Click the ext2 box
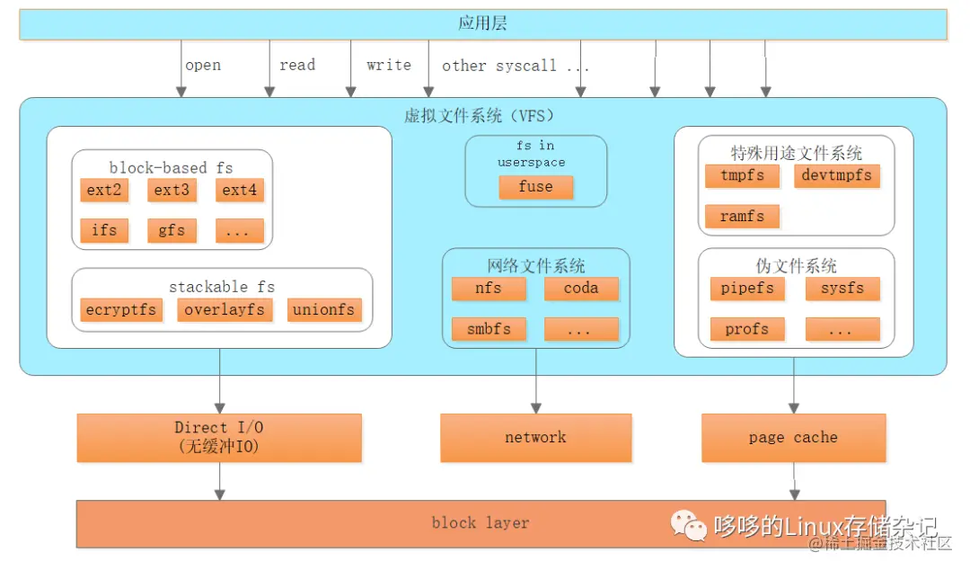click(x=104, y=190)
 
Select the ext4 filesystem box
click(x=240, y=190)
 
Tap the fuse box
click(x=535, y=187)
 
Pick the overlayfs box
click(x=225, y=310)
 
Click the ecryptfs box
click(x=121, y=310)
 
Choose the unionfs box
click(x=324, y=310)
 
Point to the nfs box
click(x=489, y=289)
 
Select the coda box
click(x=581, y=289)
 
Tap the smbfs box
click(x=489, y=329)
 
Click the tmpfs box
click(x=742, y=175)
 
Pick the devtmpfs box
click(x=837, y=175)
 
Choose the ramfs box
click(x=742, y=217)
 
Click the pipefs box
click(x=747, y=289)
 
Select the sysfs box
click(x=842, y=289)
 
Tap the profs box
click(x=747, y=329)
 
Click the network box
click(x=535, y=438)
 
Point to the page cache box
click(x=793, y=438)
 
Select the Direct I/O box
click(x=219, y=437)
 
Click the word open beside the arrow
click(x=203, y=66)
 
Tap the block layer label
click(x=481, y=523)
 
